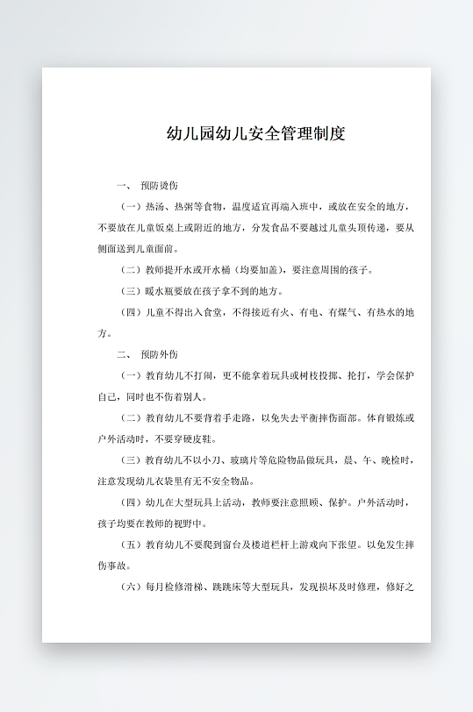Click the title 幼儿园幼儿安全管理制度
(x=255, y=134)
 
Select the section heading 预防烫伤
(x=159, y=186)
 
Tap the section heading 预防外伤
(x=159, y=354)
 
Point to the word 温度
(x=241, y=207)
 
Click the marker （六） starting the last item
(x=131, y=586)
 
